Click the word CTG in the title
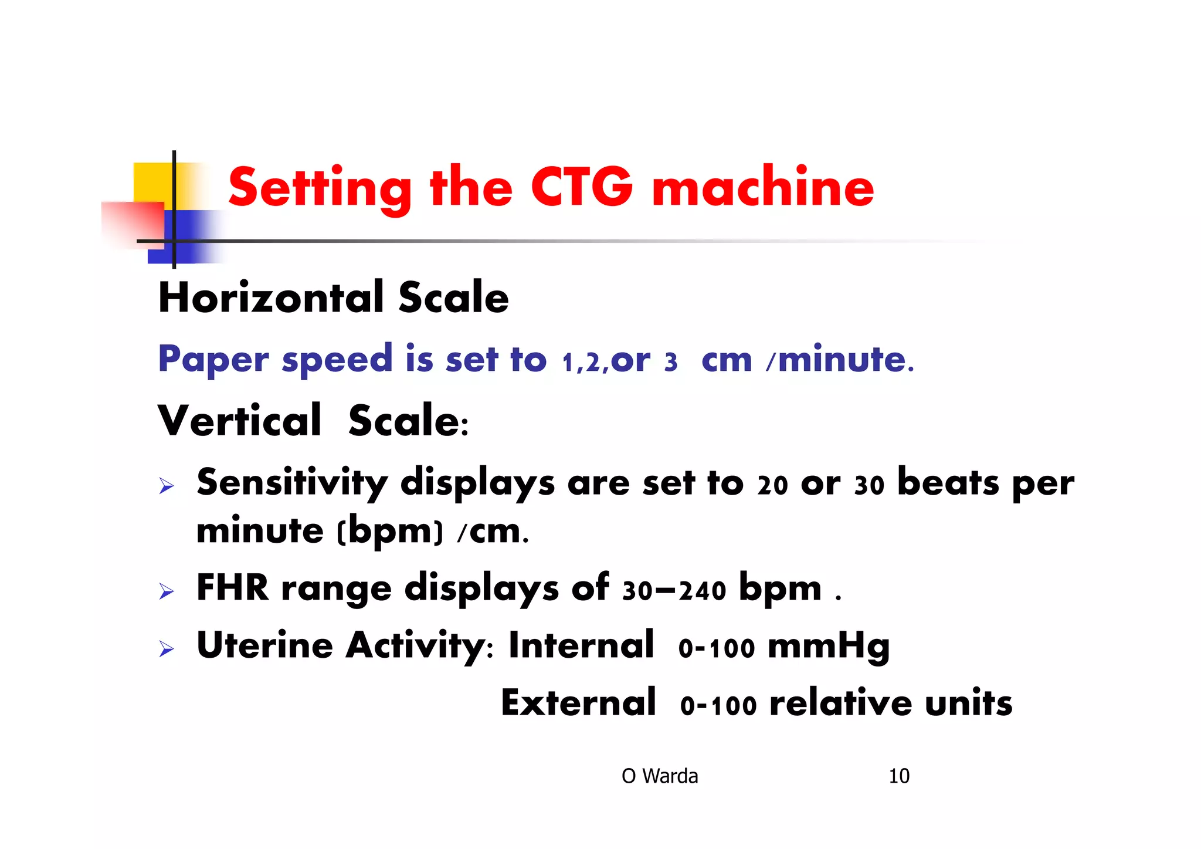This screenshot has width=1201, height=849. point(582,187)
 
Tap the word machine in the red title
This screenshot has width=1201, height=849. point(762,187)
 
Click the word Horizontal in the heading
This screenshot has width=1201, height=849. point(270,297)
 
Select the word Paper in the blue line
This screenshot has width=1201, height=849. point(213,359)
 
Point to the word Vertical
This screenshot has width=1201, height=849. point(239,421)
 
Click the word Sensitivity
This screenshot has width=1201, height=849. point(291,483)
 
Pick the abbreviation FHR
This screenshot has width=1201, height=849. point(232,588)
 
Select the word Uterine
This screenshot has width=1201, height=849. point(265,645)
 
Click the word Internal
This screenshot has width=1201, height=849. point(581,645)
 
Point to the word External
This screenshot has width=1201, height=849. point(578,703)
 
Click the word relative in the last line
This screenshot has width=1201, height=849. point(840,703)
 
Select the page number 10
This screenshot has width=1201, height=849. point(898,776)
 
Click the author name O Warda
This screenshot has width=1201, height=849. point(660,776)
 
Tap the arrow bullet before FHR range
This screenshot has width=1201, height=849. point(167,591)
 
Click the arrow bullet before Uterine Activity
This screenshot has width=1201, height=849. point(167,649)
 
